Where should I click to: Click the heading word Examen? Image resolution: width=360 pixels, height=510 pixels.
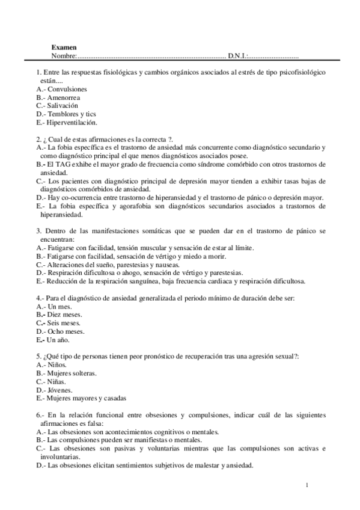tap(64, 47)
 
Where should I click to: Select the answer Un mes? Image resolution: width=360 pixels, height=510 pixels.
tap(59, 306)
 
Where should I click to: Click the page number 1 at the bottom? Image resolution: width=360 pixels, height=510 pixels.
tap(307, 485)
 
